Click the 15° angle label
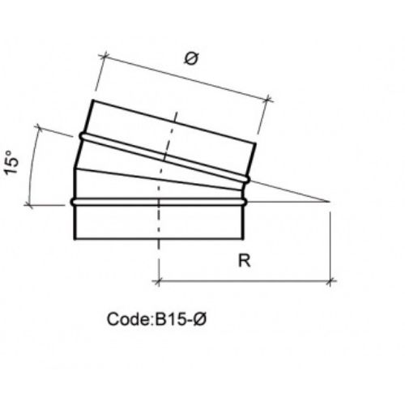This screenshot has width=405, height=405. click(x=11, y=162)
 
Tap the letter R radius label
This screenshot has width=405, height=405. click(x=245, y=261)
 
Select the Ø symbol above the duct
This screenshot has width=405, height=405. click(x=191, y=58)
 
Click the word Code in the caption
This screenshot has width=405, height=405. click(x=128, y=319)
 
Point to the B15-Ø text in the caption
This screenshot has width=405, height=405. click(x=180, y=319)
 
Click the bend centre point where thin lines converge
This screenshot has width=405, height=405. click(x=329, y=202)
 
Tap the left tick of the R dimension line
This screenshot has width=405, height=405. click(x=159, y=282)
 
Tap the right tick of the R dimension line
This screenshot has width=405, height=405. click(x=330, y=282)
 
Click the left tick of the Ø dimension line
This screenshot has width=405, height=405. click(x=104, y=56)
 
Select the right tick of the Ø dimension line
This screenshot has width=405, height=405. click(x=268, y=100)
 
